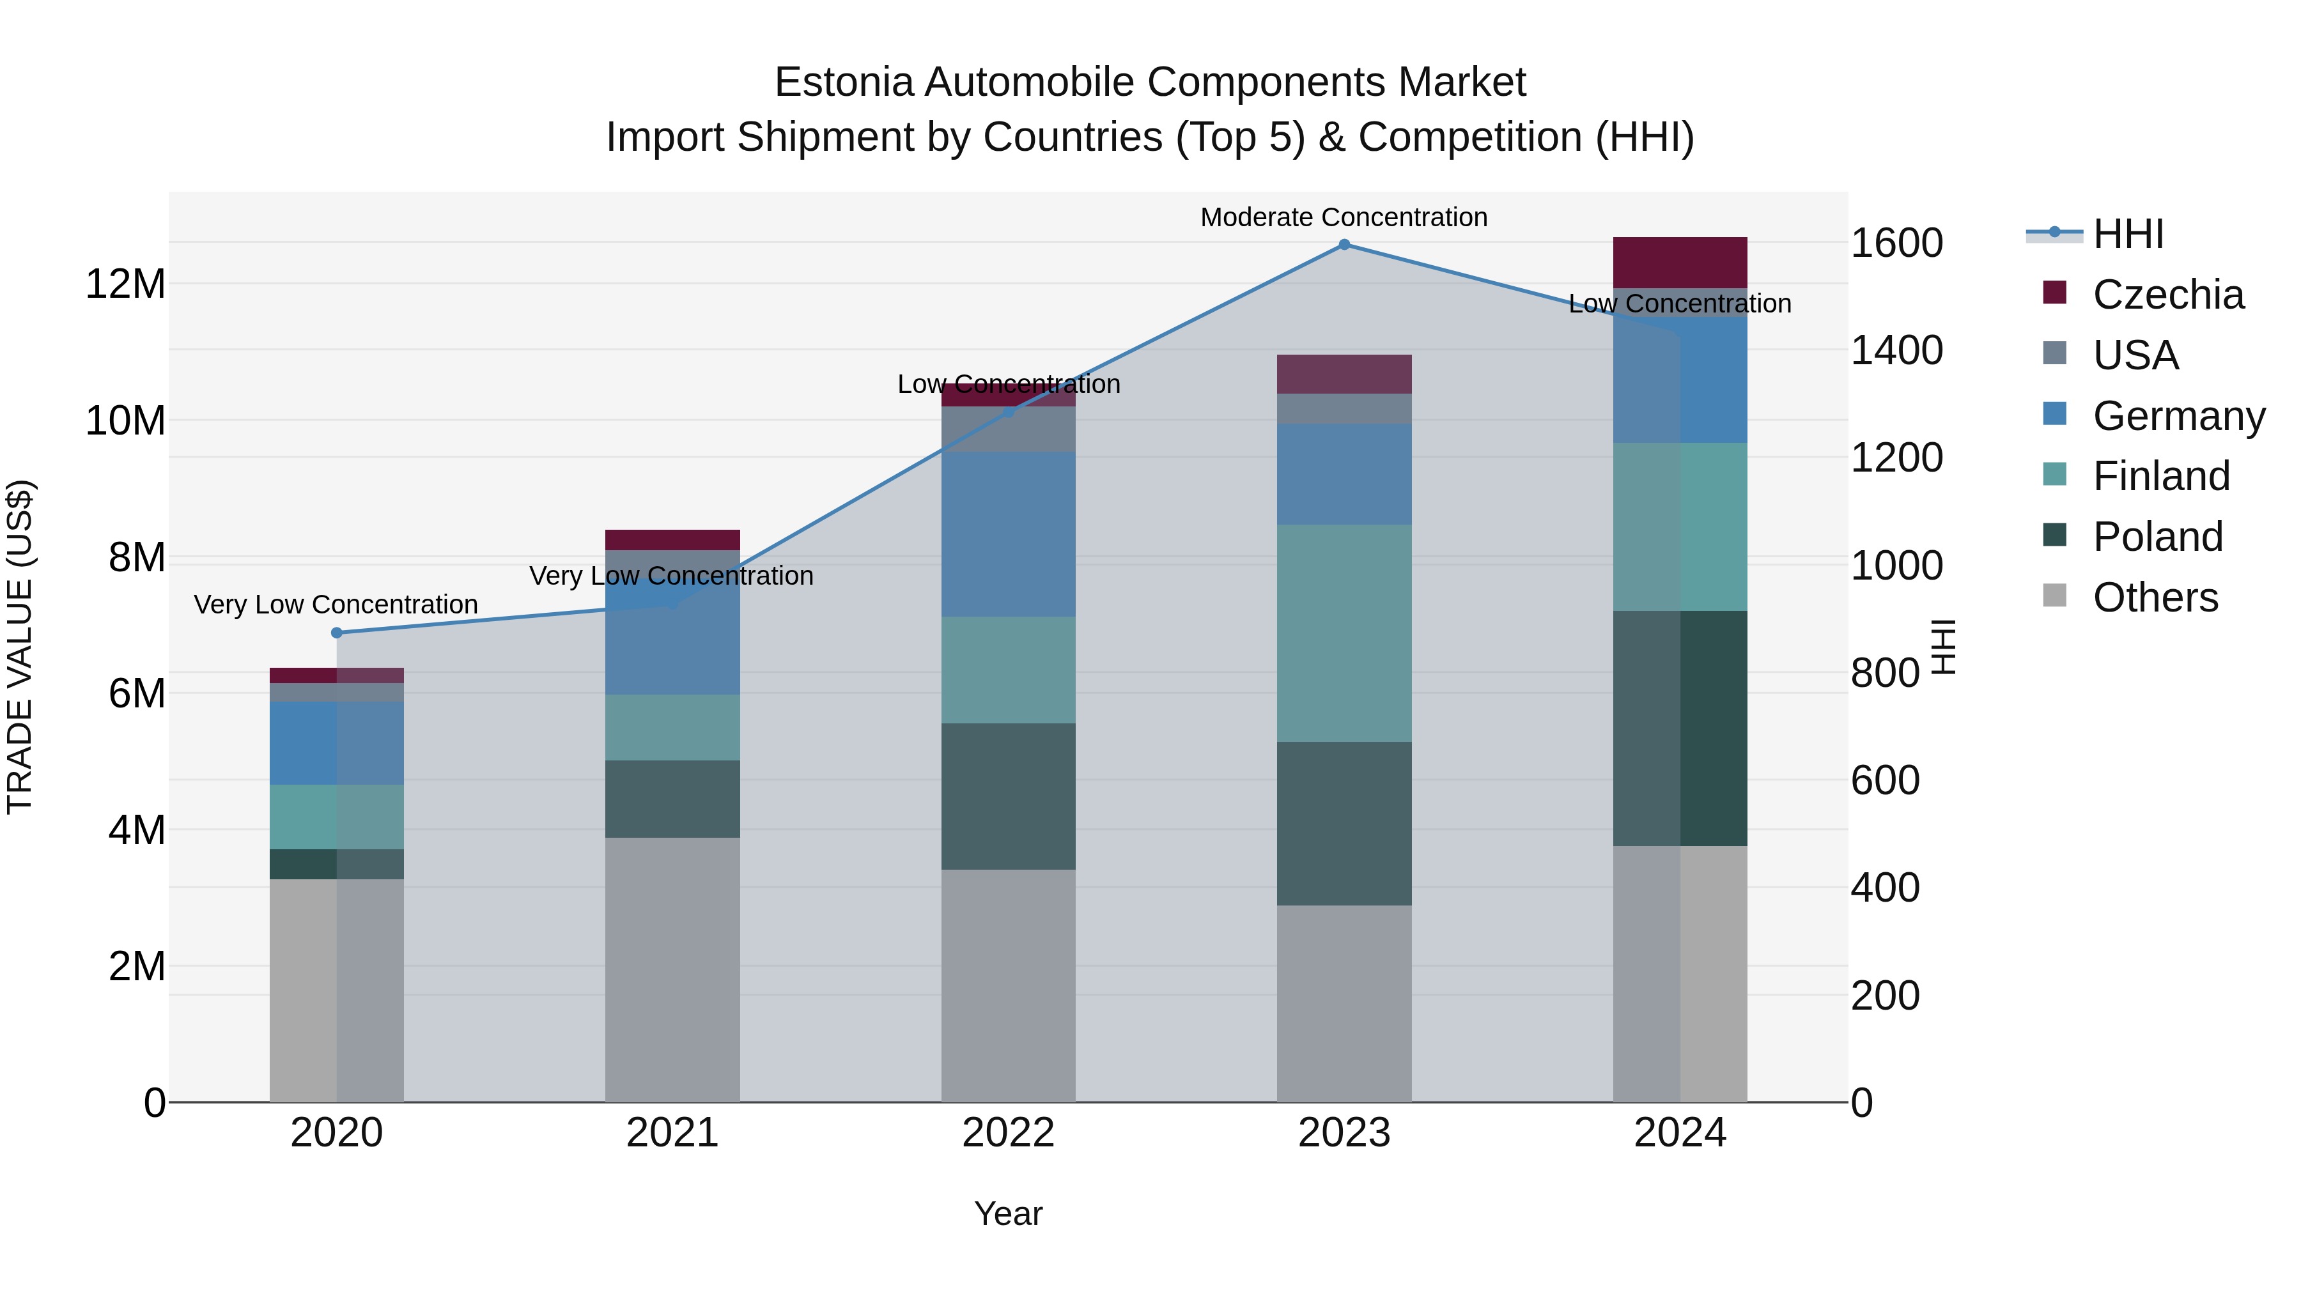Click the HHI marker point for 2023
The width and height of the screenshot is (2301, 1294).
(1344, 245)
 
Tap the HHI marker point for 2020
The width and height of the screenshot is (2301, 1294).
(337, 633)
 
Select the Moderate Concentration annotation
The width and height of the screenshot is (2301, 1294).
(1344, 217)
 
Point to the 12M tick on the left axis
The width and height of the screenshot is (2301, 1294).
(125, 284)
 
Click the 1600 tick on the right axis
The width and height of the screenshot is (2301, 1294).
(1896, 243)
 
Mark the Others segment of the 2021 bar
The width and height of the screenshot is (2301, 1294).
(672, 969)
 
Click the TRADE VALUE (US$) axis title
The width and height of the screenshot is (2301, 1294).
(20, 647)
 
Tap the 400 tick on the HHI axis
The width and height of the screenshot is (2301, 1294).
(1885, 888)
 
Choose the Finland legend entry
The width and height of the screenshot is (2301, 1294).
(2160, 476)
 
